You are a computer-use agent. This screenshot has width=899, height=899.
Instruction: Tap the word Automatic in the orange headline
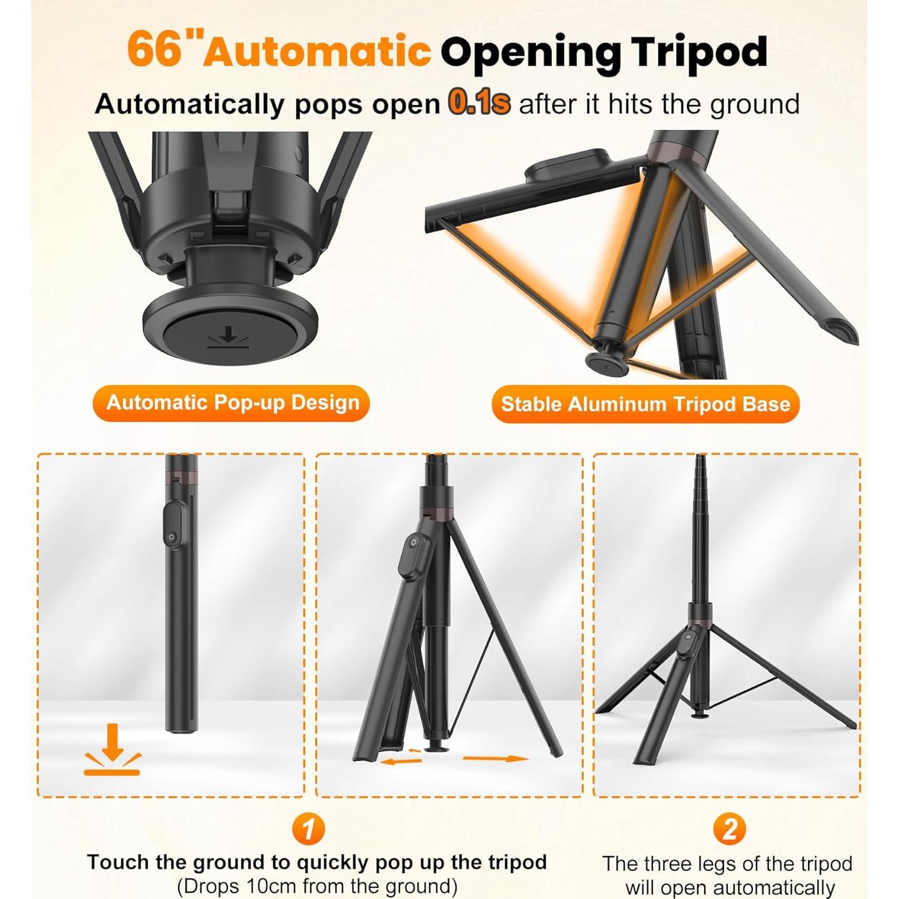(317, 51)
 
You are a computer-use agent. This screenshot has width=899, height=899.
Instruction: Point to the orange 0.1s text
(479, 103)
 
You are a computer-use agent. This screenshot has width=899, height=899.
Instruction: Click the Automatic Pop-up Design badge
(232, 403)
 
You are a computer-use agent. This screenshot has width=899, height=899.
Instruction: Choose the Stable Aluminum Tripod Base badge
(646, 404)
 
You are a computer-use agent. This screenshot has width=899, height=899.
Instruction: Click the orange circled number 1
(308, 830)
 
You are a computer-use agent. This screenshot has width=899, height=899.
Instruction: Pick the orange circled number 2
(729, 830)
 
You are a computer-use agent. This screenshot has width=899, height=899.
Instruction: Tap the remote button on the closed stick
(175, 528)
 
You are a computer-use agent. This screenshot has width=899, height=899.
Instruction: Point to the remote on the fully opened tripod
(689, 645)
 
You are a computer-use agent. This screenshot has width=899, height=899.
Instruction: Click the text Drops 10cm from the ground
(317, 886)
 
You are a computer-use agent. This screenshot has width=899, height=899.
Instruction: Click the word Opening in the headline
(530, 53)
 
